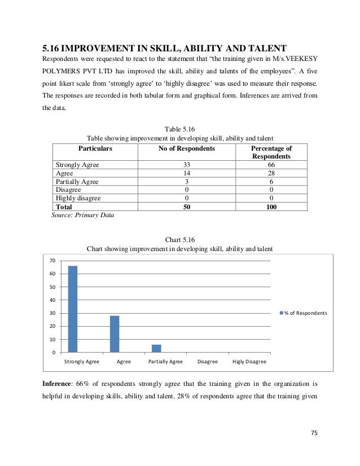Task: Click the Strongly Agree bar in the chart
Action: (72, 309)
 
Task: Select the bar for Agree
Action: (115, 334)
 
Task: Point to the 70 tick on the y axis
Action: (52, 261)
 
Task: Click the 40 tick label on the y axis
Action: (52, 300)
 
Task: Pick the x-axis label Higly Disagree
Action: (249, 362)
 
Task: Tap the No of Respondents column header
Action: (187, 148)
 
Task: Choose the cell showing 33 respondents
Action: (187, 165)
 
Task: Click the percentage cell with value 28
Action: (271, 173)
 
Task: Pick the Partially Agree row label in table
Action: (77, 182)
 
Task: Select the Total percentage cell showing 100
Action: (271, 207)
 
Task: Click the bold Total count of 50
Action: (187, 207)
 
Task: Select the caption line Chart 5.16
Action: (179, 239)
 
